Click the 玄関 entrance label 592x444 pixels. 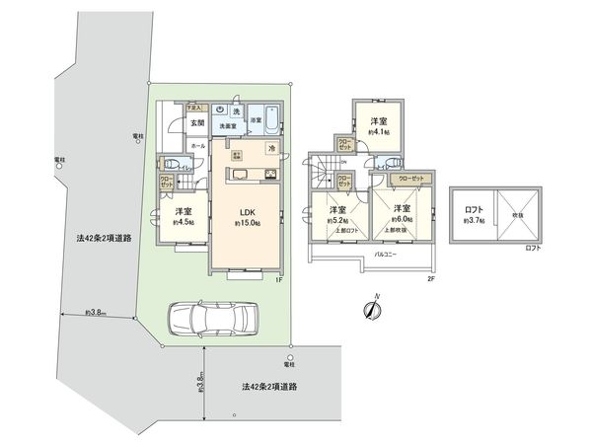tap(196, 123)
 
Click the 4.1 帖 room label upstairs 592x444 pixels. tap(378, 125)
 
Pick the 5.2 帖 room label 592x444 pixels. tap(337, 214)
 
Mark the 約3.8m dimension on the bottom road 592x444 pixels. tap(199, 380)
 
